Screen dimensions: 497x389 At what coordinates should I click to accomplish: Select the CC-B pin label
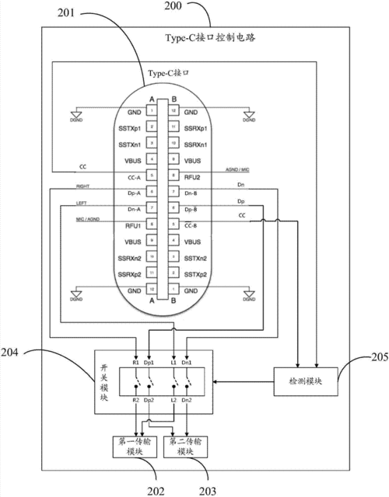pos(194,225)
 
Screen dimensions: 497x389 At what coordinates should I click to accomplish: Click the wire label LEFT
pos(81,203)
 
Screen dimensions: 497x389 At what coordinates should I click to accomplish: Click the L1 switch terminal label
pos(173,362)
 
